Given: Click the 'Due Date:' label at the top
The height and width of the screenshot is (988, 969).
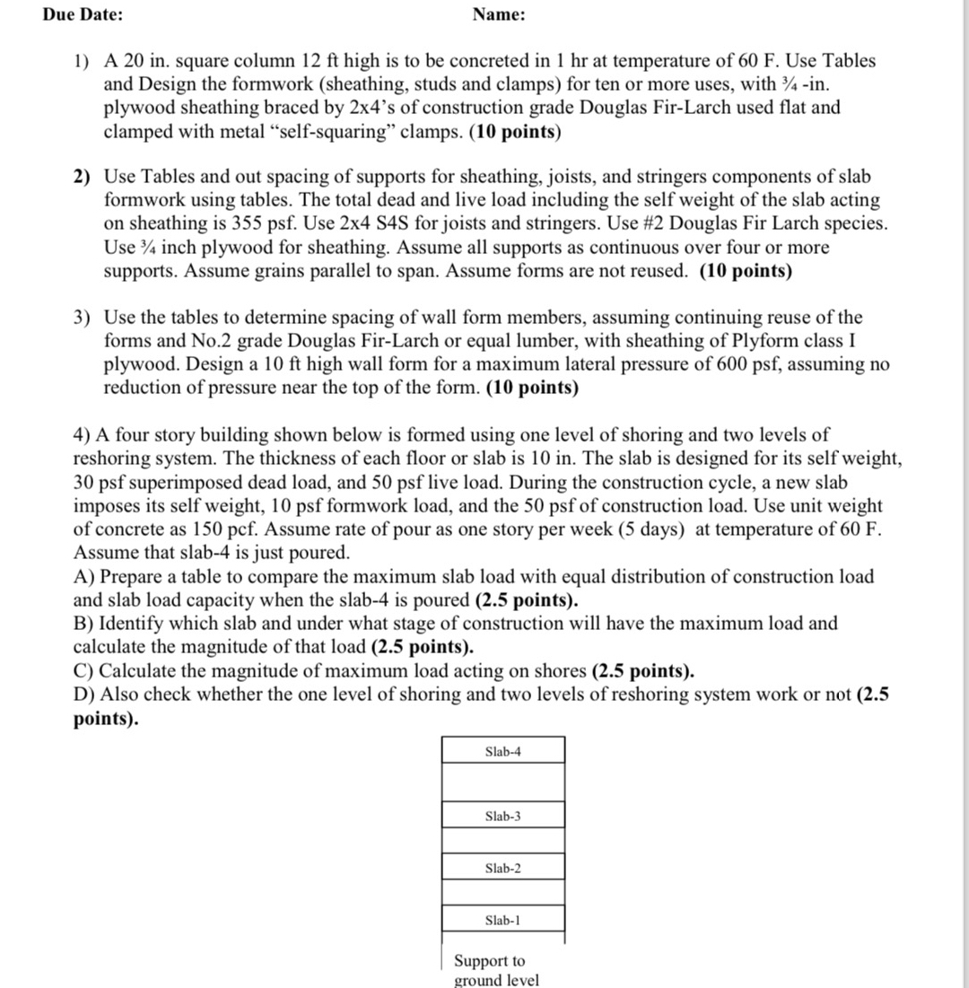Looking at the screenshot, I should point(83,15).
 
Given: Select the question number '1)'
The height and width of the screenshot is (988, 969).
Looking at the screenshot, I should point(83,62).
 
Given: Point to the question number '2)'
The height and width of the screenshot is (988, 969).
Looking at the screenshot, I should point(83,178).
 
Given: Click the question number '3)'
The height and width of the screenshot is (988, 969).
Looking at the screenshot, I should point(83,318).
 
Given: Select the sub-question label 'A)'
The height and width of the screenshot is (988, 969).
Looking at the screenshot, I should point(83,576).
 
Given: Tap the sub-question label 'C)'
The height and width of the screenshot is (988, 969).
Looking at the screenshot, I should point(83,670).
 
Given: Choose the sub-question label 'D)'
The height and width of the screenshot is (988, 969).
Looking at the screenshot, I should point(84,694).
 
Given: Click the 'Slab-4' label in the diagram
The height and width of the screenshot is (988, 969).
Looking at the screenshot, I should point(502,751).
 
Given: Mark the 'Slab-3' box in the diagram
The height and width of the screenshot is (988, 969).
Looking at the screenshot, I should point(502,816).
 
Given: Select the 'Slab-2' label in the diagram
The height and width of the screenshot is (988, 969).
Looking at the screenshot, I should point(502,868).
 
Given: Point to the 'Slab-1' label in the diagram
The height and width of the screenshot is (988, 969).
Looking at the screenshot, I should point(502,920).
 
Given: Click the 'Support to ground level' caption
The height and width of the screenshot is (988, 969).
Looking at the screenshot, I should point(496,970).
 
